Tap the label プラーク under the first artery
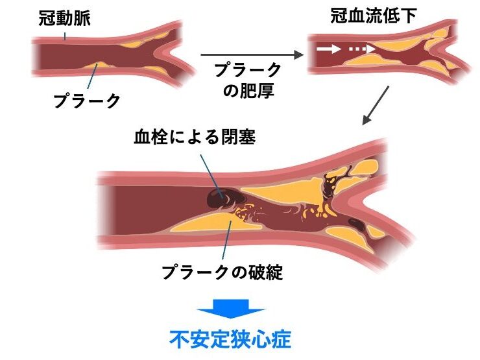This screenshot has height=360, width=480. tap(86, 101)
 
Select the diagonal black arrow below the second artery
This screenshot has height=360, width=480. tap(376, 104)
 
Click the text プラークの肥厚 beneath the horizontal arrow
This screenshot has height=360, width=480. tap(249, 80)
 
